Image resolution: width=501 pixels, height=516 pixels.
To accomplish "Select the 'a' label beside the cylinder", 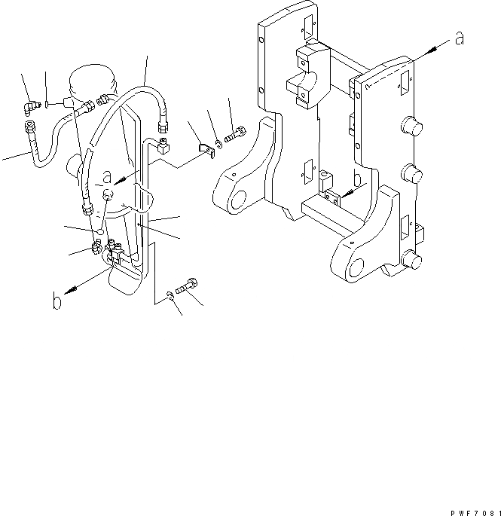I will tap(107, 179).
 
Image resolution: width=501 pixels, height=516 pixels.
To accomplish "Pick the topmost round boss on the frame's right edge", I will tap(414, 125).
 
